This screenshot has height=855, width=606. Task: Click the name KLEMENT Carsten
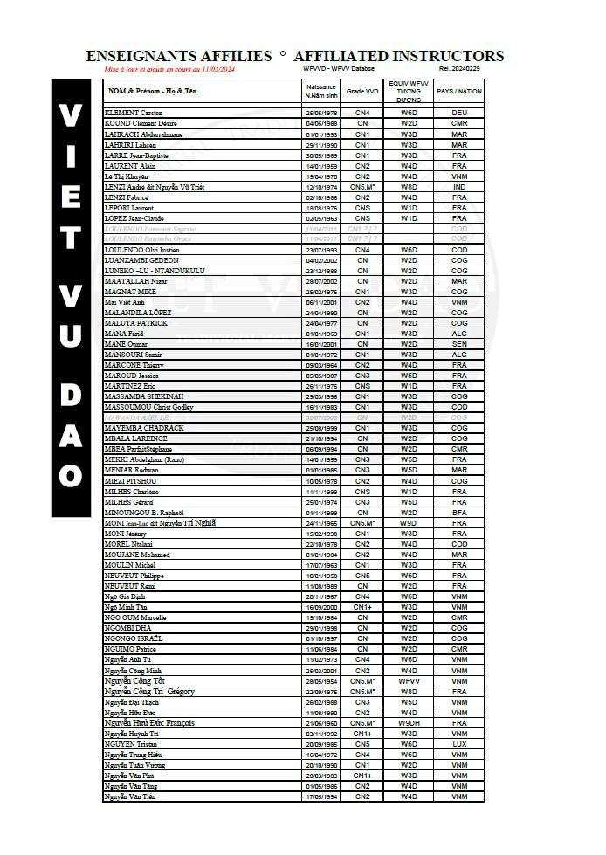(x=134, y=113)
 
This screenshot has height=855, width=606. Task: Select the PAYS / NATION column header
(x=458, y=91)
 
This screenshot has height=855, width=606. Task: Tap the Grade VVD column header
(x=362, y=91)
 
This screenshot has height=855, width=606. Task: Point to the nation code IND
(x=458, y=187)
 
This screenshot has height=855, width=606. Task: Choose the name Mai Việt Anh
(x=125, y=302)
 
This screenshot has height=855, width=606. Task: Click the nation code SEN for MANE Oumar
(x=458, y=344)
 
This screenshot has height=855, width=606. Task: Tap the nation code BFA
(x=458, y=513)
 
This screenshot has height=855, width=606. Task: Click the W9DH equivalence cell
(x=409, y=723)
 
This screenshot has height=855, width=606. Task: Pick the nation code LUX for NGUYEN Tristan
(x=458, y=744)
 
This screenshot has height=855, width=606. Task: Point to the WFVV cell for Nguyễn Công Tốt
(x=409, y=681)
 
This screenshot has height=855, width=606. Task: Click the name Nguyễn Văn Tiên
(x=131, y=796)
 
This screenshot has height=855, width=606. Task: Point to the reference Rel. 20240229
(x=458, y=68)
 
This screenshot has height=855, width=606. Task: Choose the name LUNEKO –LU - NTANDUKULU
(x=154, y=271)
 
